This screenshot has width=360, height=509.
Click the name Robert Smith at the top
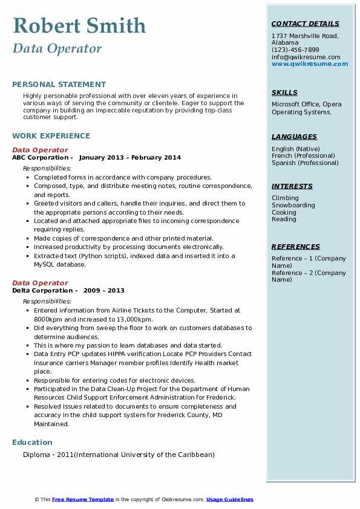[79, 25]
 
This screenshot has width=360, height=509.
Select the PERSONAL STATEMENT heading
[59, 85]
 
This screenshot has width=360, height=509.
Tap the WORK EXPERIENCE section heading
[51, 136]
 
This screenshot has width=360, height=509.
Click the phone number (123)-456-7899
[295, 50]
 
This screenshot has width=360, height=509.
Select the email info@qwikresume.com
[306, 57]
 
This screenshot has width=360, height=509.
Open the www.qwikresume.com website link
[310, 63]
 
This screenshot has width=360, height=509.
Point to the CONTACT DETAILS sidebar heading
[304, 24]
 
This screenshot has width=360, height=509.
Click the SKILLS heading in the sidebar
[284, 92]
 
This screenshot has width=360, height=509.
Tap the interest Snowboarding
[293, 205]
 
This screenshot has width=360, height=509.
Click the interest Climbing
[285, 198]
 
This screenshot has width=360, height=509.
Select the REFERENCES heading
[296, 247]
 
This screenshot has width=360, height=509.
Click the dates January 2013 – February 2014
[130, 158]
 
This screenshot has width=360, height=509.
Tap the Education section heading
[32, 443]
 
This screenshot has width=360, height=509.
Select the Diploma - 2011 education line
[119, 455]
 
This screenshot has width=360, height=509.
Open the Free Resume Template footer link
[83, 499]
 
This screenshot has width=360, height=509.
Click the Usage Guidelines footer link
[230, 499]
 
